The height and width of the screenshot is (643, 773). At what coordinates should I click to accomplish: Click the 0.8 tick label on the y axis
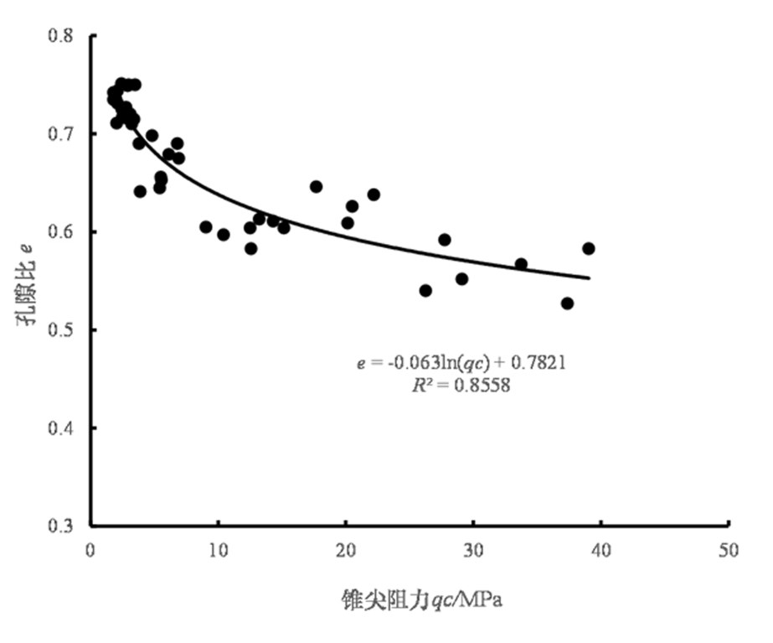pyautogui.click(x=61, y=36)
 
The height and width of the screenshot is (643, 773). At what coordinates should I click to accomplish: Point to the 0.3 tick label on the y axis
pyautogui.click(x=61, y=526)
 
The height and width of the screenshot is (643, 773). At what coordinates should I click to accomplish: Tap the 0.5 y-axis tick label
pyautogui.click(x=61, y=330)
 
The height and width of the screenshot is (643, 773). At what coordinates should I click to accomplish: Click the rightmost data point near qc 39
pyautogui.click(x=589, y=248)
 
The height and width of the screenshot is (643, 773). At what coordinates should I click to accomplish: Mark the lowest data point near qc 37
pyautogui.click(x=567, y=303)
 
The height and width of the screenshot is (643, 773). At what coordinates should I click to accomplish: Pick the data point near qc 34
pyautogui.click(x=521, y=264)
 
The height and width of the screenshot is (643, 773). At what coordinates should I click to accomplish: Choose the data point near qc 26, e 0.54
pyautogui.click(x=425, y=291)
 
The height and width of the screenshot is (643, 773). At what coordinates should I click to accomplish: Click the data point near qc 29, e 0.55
pyautogui.click(x=461, y=279)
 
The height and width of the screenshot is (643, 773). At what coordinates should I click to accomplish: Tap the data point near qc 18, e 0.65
pyautogui.click(x=316, y=186)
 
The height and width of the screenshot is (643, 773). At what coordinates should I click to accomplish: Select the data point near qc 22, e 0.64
pyautogui.click(x=374, y=194)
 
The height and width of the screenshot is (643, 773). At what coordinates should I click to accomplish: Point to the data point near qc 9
pyautogui.click(x=206, y=227)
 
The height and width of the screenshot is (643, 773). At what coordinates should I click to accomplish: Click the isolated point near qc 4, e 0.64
pyautogui.click(x=140, y=191)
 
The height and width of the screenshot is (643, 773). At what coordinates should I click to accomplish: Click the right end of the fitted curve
pyautogui.click(x=590, y=277)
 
